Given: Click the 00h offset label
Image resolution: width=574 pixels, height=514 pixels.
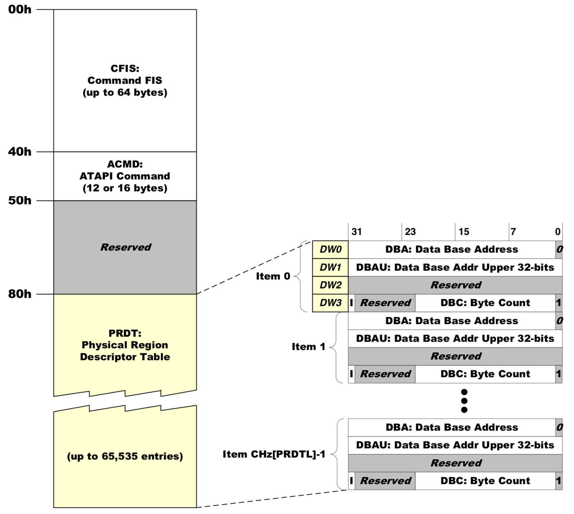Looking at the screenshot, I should coord(20,10).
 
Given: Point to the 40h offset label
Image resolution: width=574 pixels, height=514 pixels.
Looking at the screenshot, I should coord(20,152).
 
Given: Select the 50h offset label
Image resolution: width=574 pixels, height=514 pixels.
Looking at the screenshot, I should coord(20,200).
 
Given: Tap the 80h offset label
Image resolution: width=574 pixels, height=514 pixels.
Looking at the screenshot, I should coord(20,294).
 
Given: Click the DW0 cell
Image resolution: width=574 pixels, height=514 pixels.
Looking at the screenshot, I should coord(330,250).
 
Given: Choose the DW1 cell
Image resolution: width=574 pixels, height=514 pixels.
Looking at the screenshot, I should coord(330,267).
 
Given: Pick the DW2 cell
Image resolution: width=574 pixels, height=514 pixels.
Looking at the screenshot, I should coord(330,285).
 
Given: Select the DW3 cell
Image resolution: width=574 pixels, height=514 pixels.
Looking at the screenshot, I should coord(330,303).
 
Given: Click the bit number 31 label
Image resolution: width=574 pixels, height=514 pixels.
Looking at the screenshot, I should coord(356,232).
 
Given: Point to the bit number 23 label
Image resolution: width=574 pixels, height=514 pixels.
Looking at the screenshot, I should coord(410,232).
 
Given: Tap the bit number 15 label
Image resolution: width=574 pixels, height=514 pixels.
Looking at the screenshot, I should coord(464,232).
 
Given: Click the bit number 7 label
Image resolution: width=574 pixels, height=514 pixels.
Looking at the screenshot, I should coord(513,232).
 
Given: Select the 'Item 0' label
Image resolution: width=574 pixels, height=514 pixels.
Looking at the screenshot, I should coord(273,276).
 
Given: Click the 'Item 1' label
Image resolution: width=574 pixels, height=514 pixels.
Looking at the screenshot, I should coord(308,347).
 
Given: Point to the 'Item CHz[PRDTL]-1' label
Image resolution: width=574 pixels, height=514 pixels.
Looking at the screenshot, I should coord(274,454).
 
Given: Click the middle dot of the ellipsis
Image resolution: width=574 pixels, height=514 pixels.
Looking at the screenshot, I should coord(464,401).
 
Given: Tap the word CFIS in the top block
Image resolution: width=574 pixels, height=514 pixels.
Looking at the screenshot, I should coord(125,68).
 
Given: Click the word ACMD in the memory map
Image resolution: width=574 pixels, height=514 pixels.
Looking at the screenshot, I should coord(125,164).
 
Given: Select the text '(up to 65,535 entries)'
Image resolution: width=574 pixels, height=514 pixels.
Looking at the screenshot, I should coord(125,456).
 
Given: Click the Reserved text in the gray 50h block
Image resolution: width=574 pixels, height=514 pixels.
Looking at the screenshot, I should coord(126,247).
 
